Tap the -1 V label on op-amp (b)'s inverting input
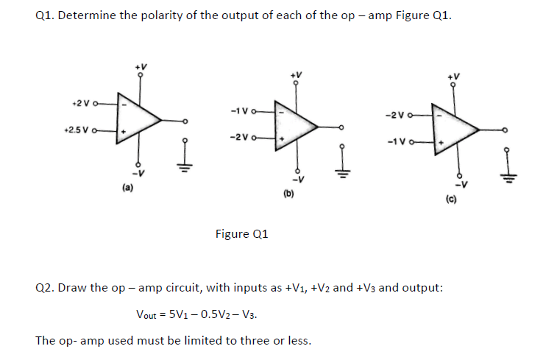(241, 111)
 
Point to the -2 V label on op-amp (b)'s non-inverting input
(241, 137)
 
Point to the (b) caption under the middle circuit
(288, 195)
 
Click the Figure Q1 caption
(242, 234)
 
